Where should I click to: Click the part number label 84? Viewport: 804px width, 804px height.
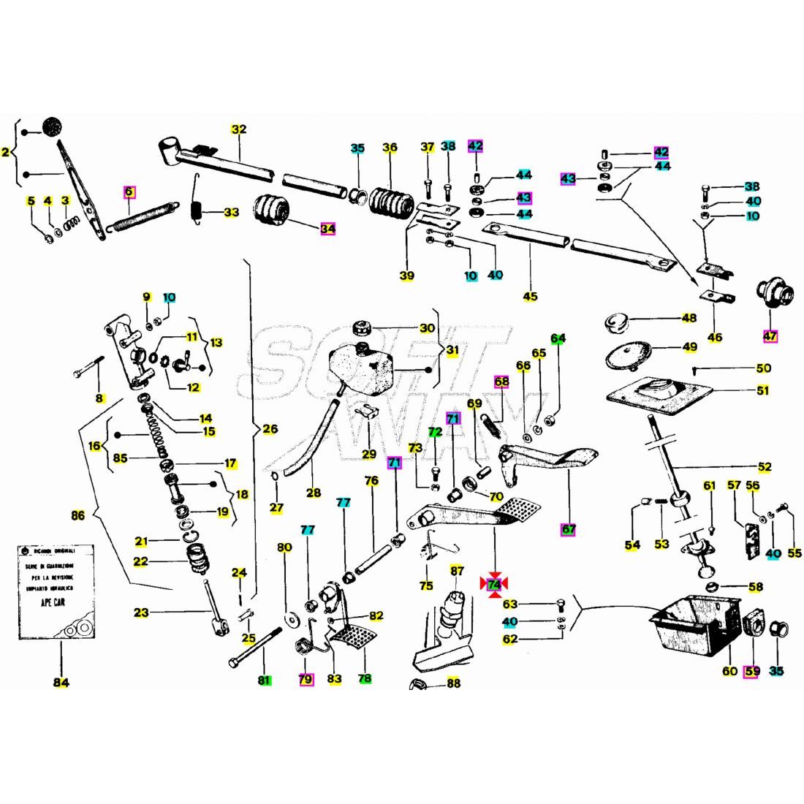(61, 683)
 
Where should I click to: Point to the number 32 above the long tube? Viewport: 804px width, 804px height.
(239, 129)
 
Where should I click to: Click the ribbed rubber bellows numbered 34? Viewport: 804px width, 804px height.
(272, 211)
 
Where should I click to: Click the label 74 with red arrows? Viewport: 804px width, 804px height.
(494, 584)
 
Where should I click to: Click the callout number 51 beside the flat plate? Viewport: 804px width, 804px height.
(762, 390)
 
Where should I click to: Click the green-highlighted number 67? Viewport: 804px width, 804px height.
(568, 528)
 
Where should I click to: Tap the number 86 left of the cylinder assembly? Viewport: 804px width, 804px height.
(77, 515)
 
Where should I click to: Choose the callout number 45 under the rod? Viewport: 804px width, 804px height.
(530, 296)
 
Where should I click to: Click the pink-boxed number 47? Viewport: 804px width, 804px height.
(770, 335)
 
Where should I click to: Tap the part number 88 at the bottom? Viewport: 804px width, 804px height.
(453, 683)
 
